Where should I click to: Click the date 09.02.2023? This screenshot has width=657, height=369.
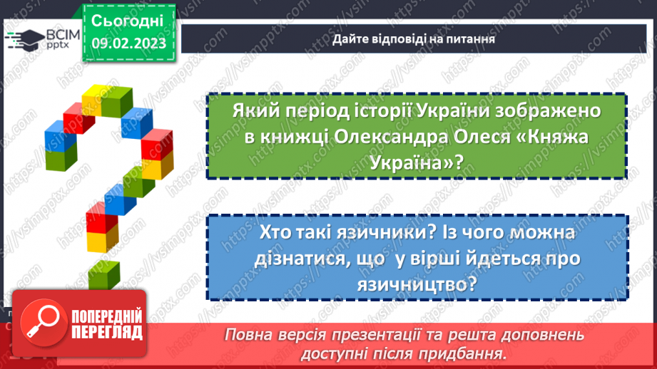(128, 43)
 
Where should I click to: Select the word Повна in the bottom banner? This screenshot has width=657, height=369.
(247, 335)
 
